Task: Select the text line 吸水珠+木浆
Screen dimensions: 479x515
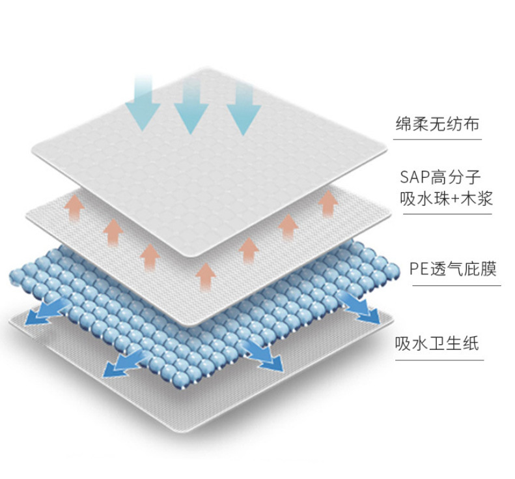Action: click(x=447, y=198)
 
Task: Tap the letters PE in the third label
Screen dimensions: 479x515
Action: click(x=420, y=269)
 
